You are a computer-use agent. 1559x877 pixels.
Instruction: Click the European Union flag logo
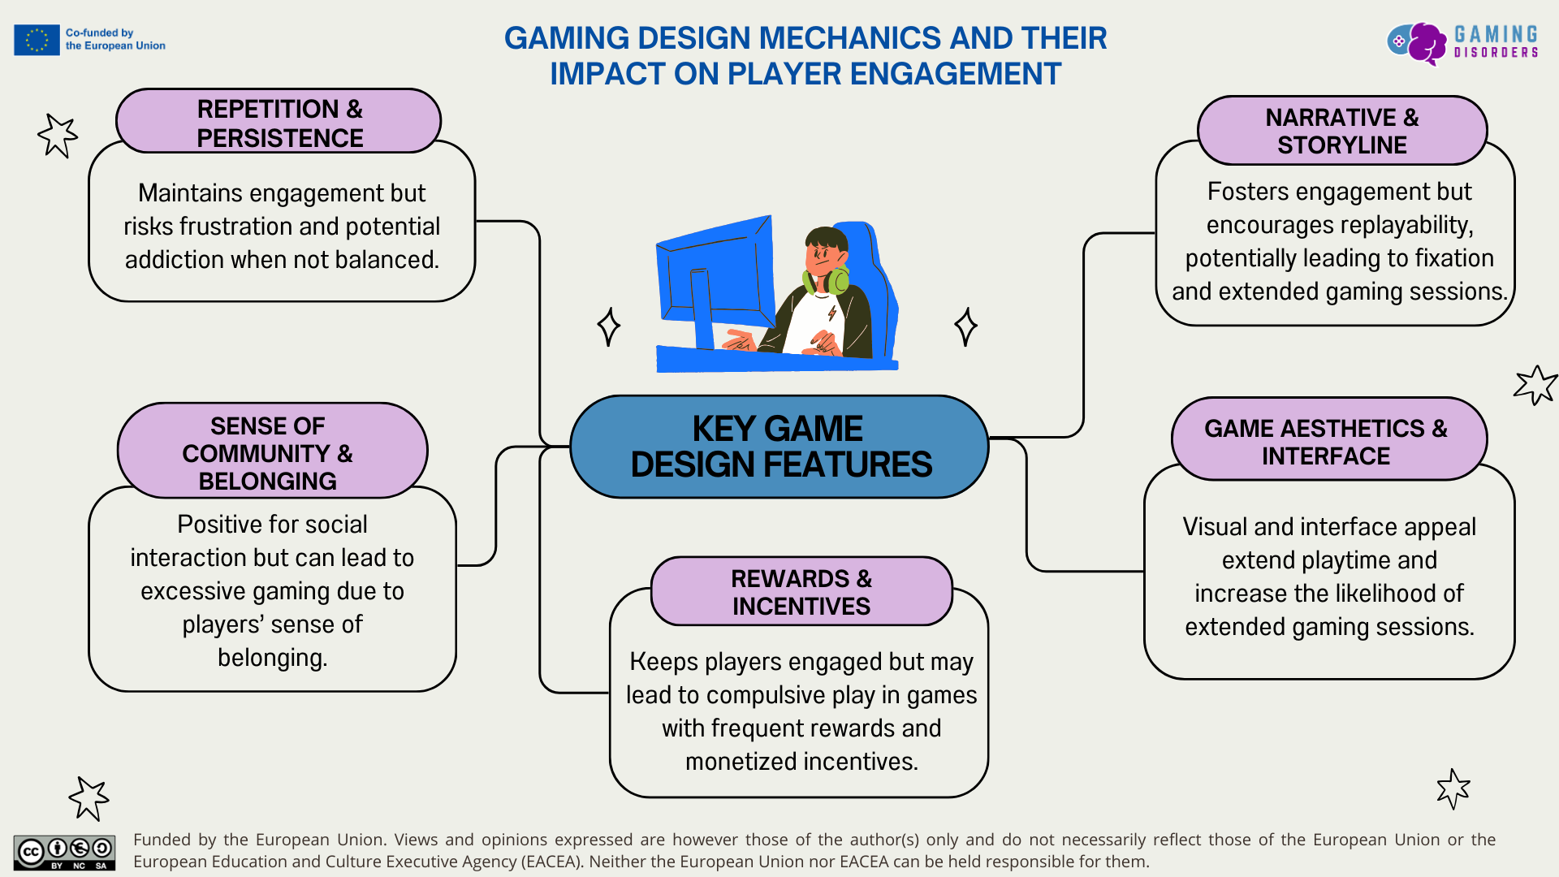click(37, 40)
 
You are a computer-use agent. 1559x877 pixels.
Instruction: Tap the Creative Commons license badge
click(64, 853)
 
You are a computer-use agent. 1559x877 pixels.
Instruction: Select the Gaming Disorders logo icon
click(1418, 42)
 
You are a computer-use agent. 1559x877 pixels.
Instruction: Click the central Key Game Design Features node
click(779, 447)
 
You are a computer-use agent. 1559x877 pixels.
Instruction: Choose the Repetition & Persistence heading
click(279, 123)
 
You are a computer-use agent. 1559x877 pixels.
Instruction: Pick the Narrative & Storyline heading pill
click(1341, 131)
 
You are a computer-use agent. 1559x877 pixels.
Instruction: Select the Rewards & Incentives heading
click(801, 592)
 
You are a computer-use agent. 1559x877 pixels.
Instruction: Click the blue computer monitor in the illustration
click(715, 276)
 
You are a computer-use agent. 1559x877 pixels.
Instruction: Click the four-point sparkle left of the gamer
click(609, 326)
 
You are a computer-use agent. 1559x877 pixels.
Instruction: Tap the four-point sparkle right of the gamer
click(965, 326)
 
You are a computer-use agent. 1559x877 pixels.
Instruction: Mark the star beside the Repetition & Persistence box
click(58, 135)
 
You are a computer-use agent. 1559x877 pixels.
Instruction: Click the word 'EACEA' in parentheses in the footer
click(551, 862)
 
